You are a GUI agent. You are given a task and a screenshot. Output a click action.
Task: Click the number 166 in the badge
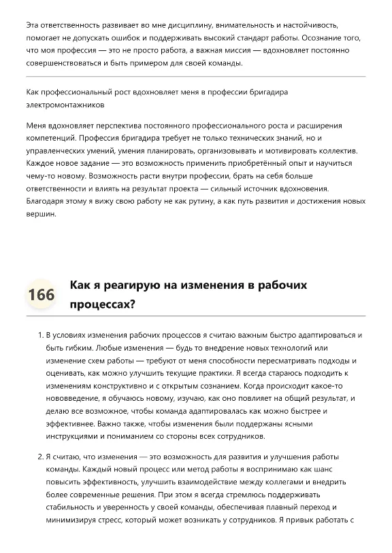click(41, 295)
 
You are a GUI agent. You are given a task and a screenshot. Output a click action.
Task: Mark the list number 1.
click(39, 336)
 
